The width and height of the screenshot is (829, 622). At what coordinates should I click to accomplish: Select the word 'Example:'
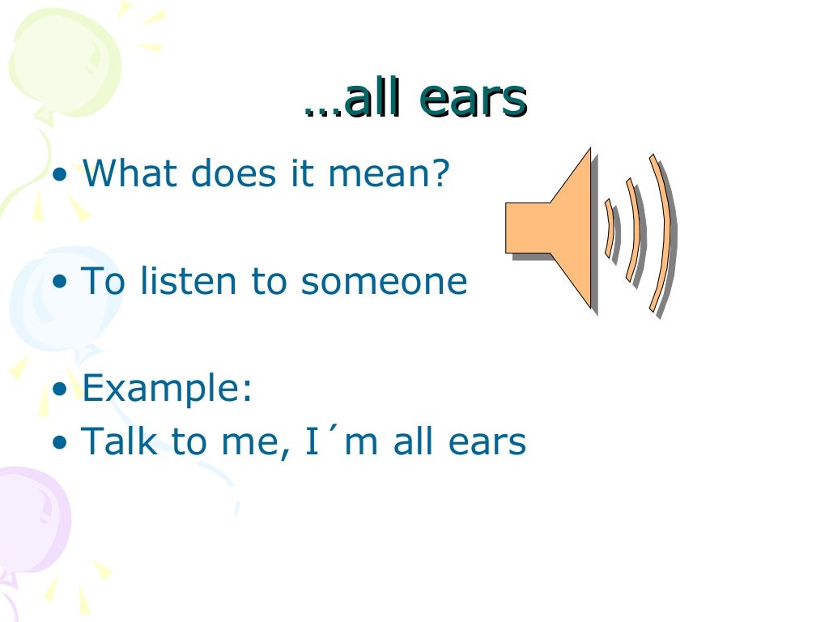[x=168, y=389]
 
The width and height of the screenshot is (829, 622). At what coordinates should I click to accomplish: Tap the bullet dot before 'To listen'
[x=60, y=283]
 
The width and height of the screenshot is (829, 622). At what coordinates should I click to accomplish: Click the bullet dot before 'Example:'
[x=60, y=390]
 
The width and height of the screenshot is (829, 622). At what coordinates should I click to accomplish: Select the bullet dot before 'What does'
[x=60, y=175]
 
